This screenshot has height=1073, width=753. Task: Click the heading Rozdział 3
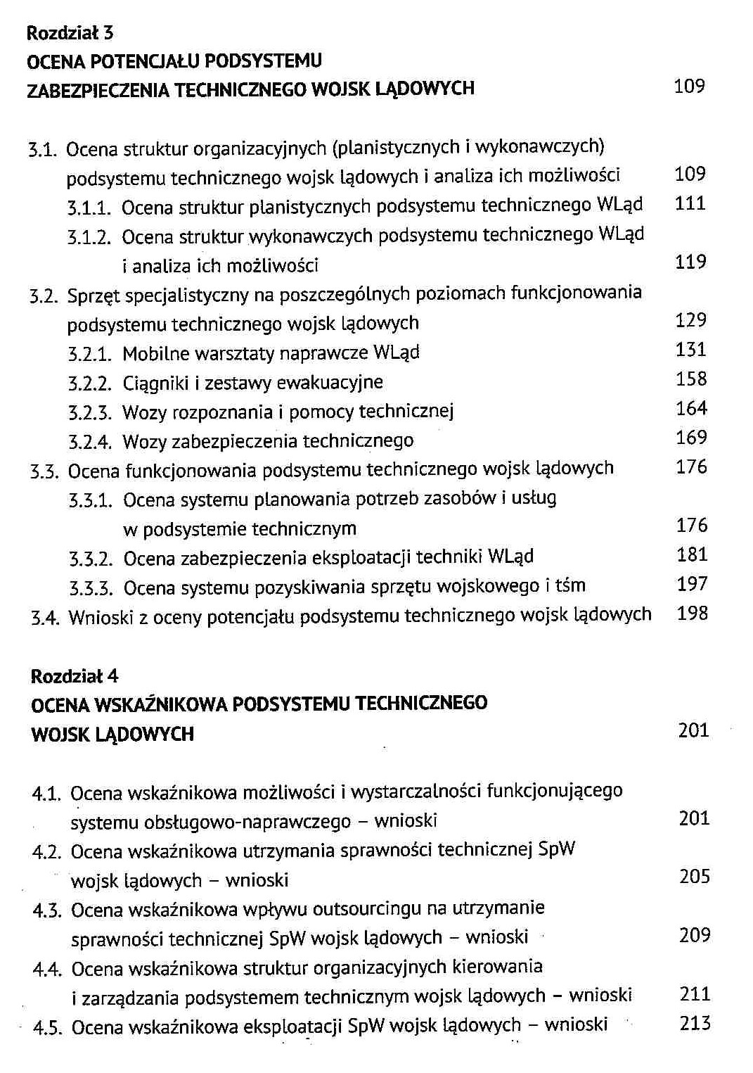coord(70,32)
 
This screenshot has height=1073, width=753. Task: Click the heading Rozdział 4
coord(75,676)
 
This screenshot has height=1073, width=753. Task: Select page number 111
coord(690,203)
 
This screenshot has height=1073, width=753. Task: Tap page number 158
coord(691,379)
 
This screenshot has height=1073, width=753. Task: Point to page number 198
coord(693,614)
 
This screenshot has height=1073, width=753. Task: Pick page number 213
coord(695,1023)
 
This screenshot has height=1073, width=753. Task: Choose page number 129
coord(690,320)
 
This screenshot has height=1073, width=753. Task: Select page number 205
coord(695,876)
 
